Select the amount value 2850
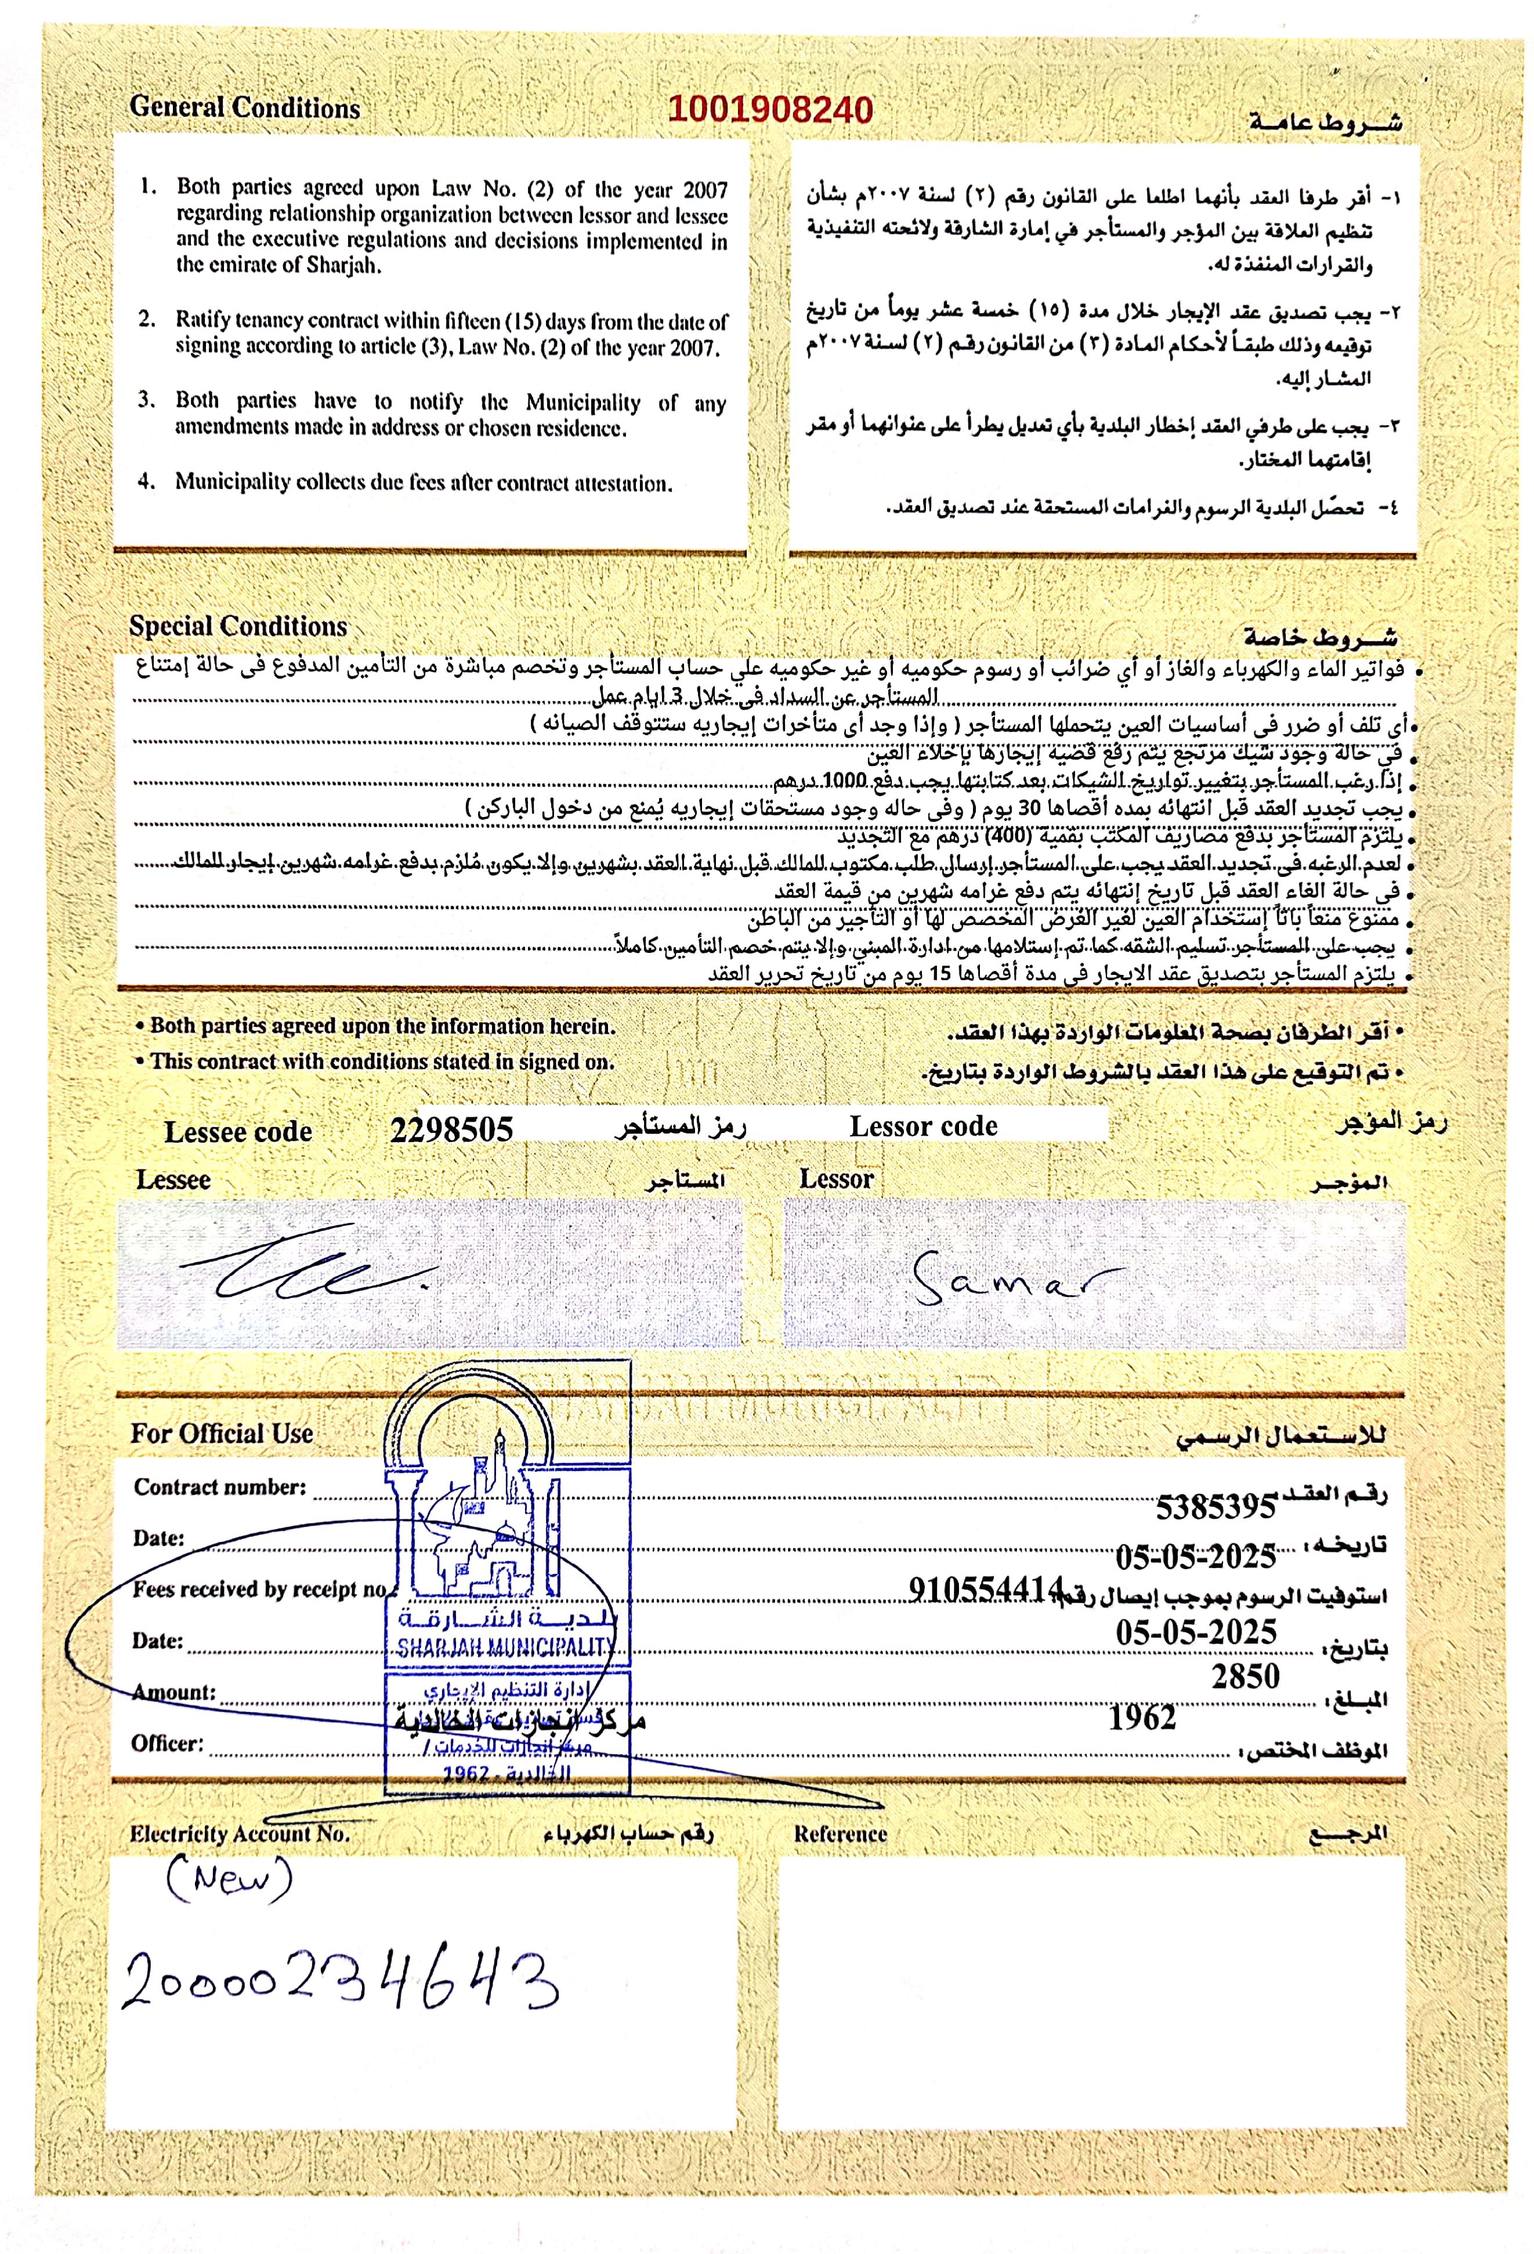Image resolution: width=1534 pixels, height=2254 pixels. (x=1245, y=1676)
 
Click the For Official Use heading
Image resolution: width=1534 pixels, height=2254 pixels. (x=222, y=1433)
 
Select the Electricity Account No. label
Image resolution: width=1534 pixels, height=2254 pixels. (x=240, y=1834)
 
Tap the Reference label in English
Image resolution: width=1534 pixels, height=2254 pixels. (x=840, y=1834)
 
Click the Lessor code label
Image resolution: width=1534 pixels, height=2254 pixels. (x=923, y=1126)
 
